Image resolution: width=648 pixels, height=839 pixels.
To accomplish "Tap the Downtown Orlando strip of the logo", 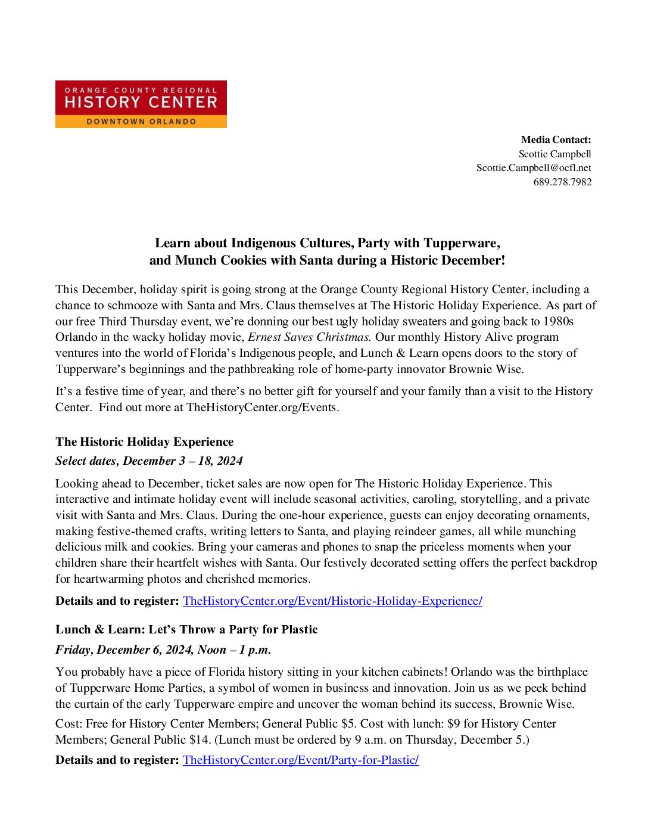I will pyautogui.click(x=141, y=122).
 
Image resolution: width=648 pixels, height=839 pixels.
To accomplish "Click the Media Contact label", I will pyautogui.click(x=556, y=140).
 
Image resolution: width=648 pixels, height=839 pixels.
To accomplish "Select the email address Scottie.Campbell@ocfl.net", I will pyautogui.click(x=534, y=168).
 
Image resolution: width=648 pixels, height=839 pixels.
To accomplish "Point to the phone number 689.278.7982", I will pyautogui.click(x=562, y=182).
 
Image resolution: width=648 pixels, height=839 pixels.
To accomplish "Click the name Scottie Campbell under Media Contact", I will pyautogui.click(x=554, y=154).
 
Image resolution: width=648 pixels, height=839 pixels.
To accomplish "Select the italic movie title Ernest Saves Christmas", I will pyautogui.click(x=309, y=337).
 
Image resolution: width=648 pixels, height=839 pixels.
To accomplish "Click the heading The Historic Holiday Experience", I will pyautogui.click(x=144, y=442).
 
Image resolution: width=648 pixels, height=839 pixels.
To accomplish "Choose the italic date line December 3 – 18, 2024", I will pyautogui.click(x=149, y=461).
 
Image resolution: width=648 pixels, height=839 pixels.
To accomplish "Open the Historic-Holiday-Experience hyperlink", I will pyautogui.click(x=332, y=601).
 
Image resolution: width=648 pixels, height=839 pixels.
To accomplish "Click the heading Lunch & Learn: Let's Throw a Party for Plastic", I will pyautogui.click(x=186, y=629).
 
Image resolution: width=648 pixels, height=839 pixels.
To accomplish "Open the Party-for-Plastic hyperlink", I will pyautogui.click(x=300, y=760).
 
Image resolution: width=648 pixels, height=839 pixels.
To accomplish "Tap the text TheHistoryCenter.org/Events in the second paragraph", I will pyautogui.click(x=262, y=408).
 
